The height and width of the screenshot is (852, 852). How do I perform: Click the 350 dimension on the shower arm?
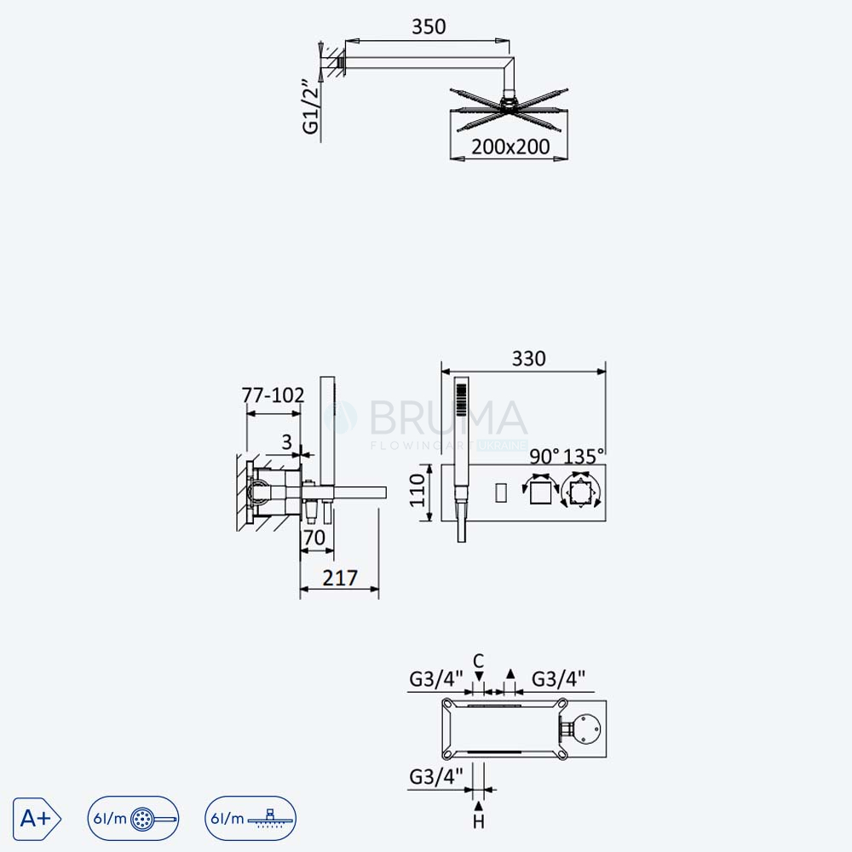[x=429, y=26]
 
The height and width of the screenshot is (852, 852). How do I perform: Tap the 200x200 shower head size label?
[x=510, y=147]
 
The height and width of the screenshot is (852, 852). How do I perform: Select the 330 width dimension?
[x=529, y=359]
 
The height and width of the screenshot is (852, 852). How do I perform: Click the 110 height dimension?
[x=417, y=490]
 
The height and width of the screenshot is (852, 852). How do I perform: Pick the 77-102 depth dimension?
[x=273, y=395]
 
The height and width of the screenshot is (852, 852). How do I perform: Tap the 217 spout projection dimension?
[x=340, y=578]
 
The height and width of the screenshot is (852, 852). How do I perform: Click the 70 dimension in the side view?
[x=314, y=538]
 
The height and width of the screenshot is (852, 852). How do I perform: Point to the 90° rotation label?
[x=544, y=457]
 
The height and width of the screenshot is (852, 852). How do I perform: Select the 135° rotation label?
[x=584, y=457]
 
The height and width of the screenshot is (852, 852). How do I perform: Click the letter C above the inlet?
[x=478, y=661]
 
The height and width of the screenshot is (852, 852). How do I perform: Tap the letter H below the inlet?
[x=479, y=821]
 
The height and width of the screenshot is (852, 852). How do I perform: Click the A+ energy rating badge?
[x=37, y=818]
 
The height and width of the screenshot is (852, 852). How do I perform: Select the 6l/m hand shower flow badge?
[x=133, y=818]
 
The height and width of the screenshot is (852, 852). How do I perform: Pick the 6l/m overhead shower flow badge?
[x=250, y=818]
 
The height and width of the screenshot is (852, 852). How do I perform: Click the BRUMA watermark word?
[x=448, y=417]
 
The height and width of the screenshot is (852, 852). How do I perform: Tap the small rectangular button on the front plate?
[x=501, y=492]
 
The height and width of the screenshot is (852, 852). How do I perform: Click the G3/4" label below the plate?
[x=435, y=777]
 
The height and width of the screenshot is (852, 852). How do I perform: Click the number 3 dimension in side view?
[x=287, y=442]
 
